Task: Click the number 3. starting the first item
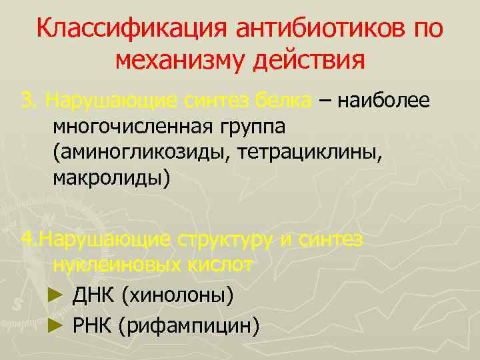click(29, 101)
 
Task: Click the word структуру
click(227, 239)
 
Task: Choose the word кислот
click(219, 265)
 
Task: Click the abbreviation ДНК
click(93, 295)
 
